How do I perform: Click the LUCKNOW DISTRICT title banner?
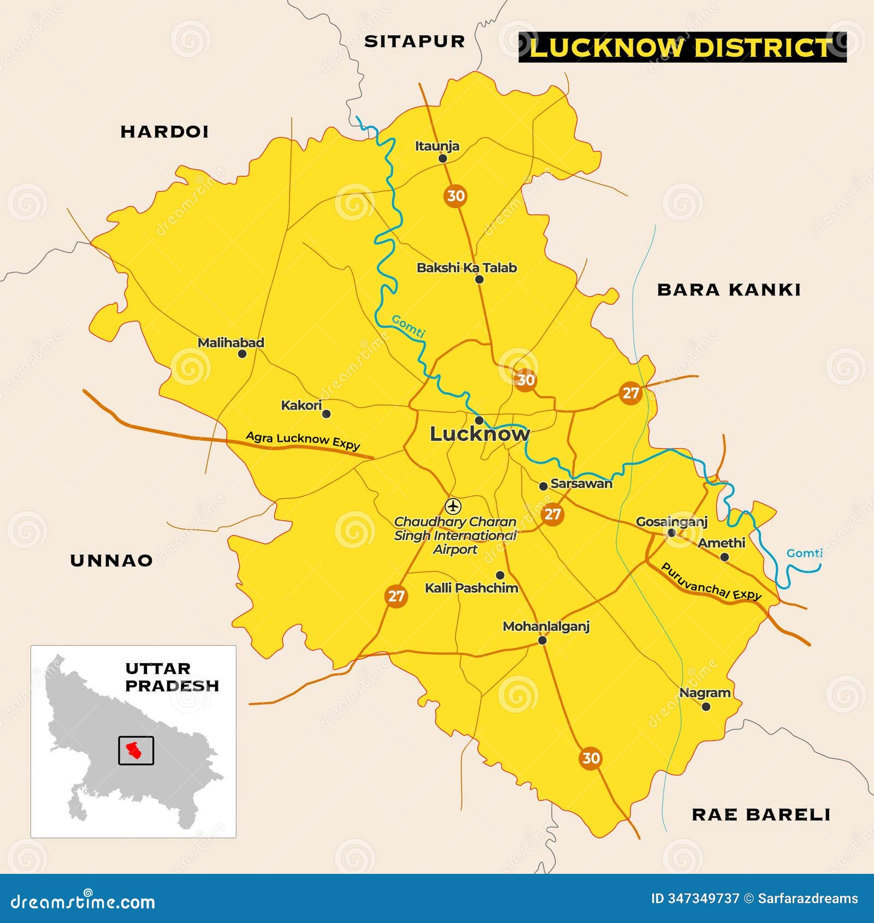[x=682, y=47]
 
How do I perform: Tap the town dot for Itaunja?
[x=442, y=158]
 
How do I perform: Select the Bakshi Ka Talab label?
[x=466, y=268]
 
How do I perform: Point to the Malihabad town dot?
[x=242, y=354]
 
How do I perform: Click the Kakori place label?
[x=301, y=405]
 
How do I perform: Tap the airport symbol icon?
[x=453, y=506]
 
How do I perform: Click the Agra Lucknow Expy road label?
[x=303, y=440]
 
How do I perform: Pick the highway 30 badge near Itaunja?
[x=455, y=196]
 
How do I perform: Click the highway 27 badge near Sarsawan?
[x=552, y=514]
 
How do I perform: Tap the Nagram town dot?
[x=706, y=707]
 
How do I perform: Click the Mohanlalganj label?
[x=546, y=626]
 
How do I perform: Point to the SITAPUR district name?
[x=414, y=42]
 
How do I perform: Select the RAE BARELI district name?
[x=761, y=815]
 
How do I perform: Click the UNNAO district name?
[x=111, y=560]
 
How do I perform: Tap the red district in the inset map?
[x=133, y=751]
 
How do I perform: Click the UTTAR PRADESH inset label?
[x=172, y=677]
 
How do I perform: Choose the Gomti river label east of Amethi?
[x=804, y=553]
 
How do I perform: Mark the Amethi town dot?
[x=724, y=557]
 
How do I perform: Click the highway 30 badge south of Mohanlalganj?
[x=590, y=758]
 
